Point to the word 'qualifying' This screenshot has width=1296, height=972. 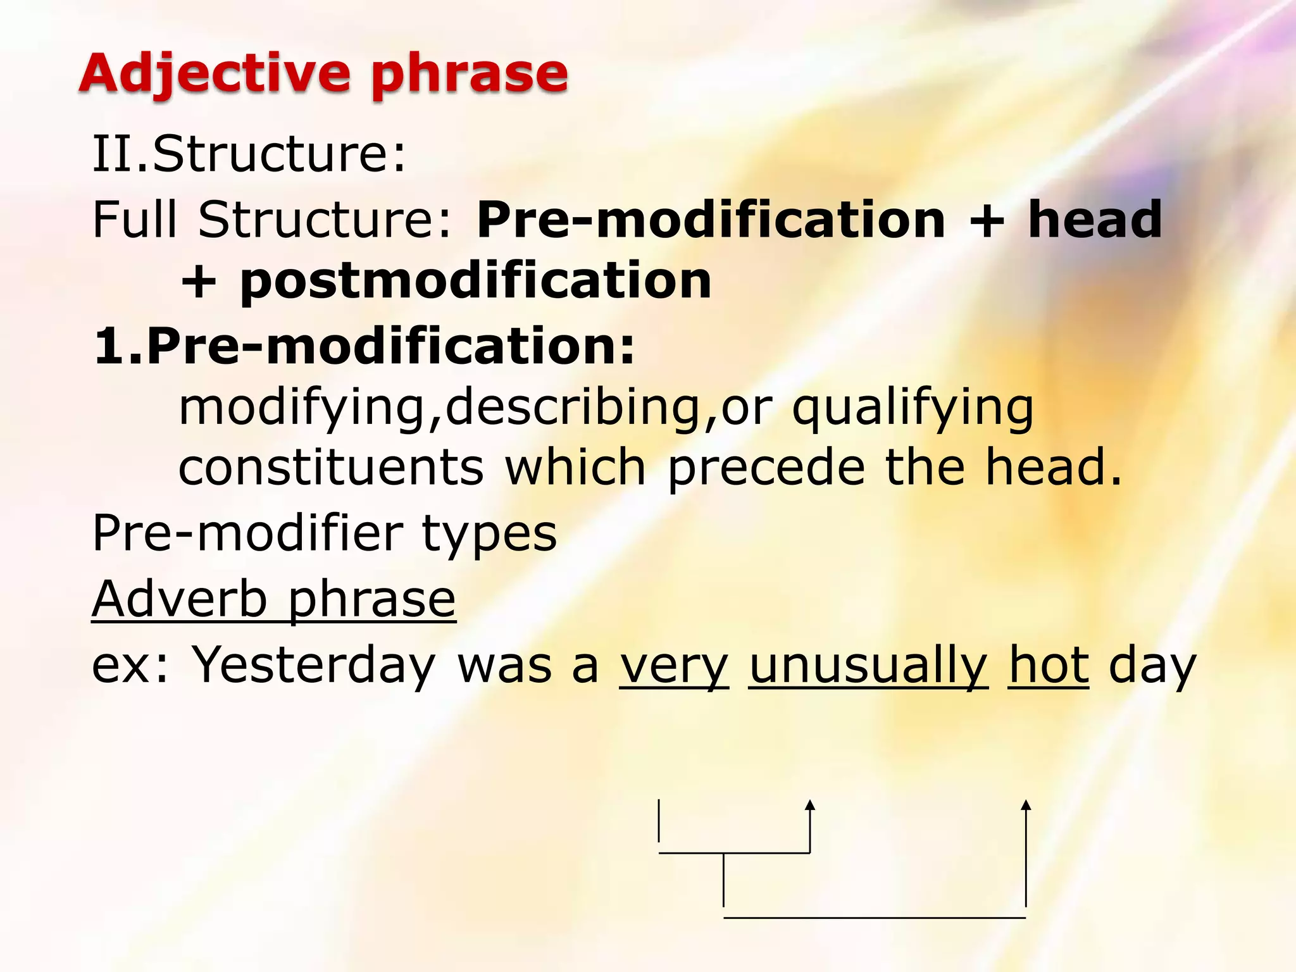(913, 408)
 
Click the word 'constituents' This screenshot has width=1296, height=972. (331, 467)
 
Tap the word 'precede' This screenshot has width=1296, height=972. (766, 467)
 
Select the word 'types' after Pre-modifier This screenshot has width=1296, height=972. (489, 533)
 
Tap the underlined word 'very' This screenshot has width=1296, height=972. (674, 666)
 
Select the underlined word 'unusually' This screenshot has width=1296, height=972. (868, 666)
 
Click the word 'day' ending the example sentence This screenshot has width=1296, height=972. (1152, 666)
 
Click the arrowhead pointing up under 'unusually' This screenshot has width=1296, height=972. (810, 805)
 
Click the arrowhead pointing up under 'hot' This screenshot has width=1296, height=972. (1026, 805)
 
